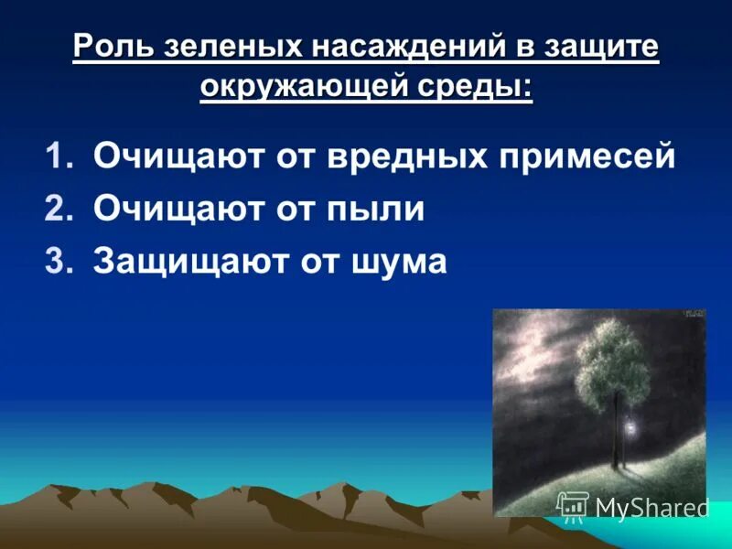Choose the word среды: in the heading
click(x=481, y=89)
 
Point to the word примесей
click(x=589, y=157)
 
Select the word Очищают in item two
click(x=171, y=210)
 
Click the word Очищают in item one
click(x=171, y=157)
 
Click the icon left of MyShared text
click(x=573, y=506)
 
